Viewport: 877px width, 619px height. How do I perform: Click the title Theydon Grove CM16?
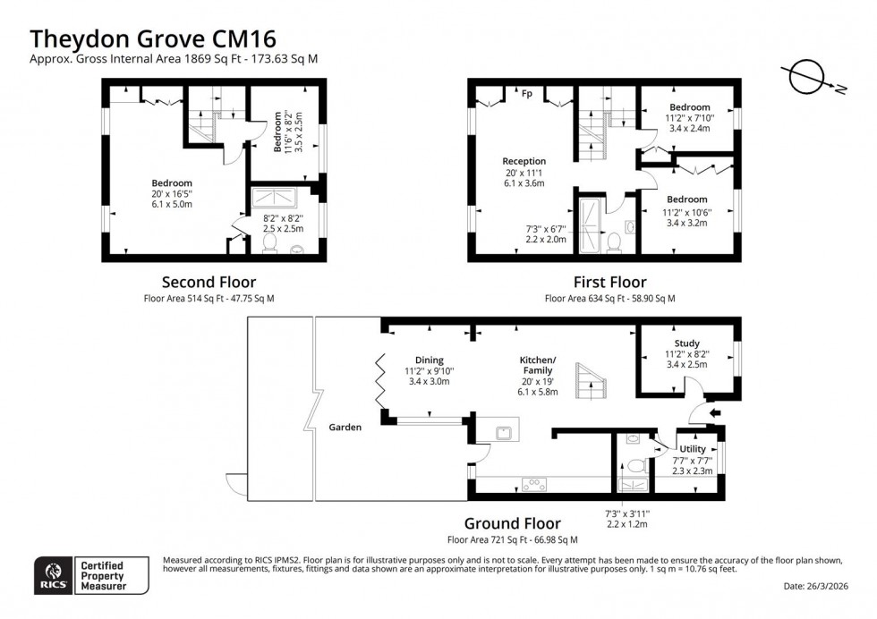click(153, 38)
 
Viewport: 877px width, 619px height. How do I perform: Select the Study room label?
click(686, 343)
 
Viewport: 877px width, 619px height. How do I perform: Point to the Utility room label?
click(692, 449)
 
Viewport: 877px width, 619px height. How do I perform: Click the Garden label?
click(345, 428)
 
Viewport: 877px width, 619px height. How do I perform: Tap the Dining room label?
click(416, 360)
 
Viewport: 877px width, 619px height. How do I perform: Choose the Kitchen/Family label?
click(537, 365)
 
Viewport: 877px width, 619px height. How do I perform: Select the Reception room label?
click(524, 162)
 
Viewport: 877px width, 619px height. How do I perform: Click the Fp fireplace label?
click(527, 92)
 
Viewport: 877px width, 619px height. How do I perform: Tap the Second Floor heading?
click(209, 282)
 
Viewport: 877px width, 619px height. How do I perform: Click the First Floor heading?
click(609, 282)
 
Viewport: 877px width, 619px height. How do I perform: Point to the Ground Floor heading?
click(512, 523)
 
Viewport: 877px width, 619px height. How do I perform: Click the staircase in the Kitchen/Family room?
click(592, 381)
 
